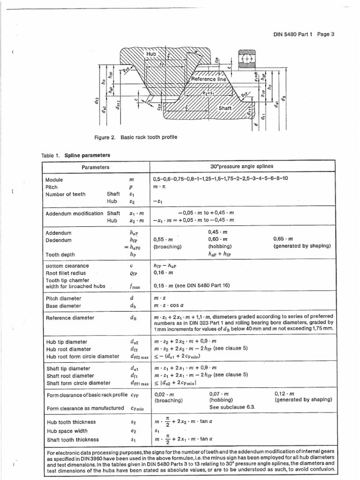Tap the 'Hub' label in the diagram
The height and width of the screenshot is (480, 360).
(151, 54)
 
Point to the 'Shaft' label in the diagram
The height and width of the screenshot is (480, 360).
(226, 108)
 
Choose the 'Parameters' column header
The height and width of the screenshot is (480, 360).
(96, 167)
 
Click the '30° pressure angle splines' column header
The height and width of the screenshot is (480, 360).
(242, 167)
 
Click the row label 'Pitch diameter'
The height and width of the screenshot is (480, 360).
(63, 298)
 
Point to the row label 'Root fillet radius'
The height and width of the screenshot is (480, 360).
(66, 272)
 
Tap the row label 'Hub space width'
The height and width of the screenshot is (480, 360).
(66, 431)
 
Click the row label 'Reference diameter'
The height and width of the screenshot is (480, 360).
(70, 318)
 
